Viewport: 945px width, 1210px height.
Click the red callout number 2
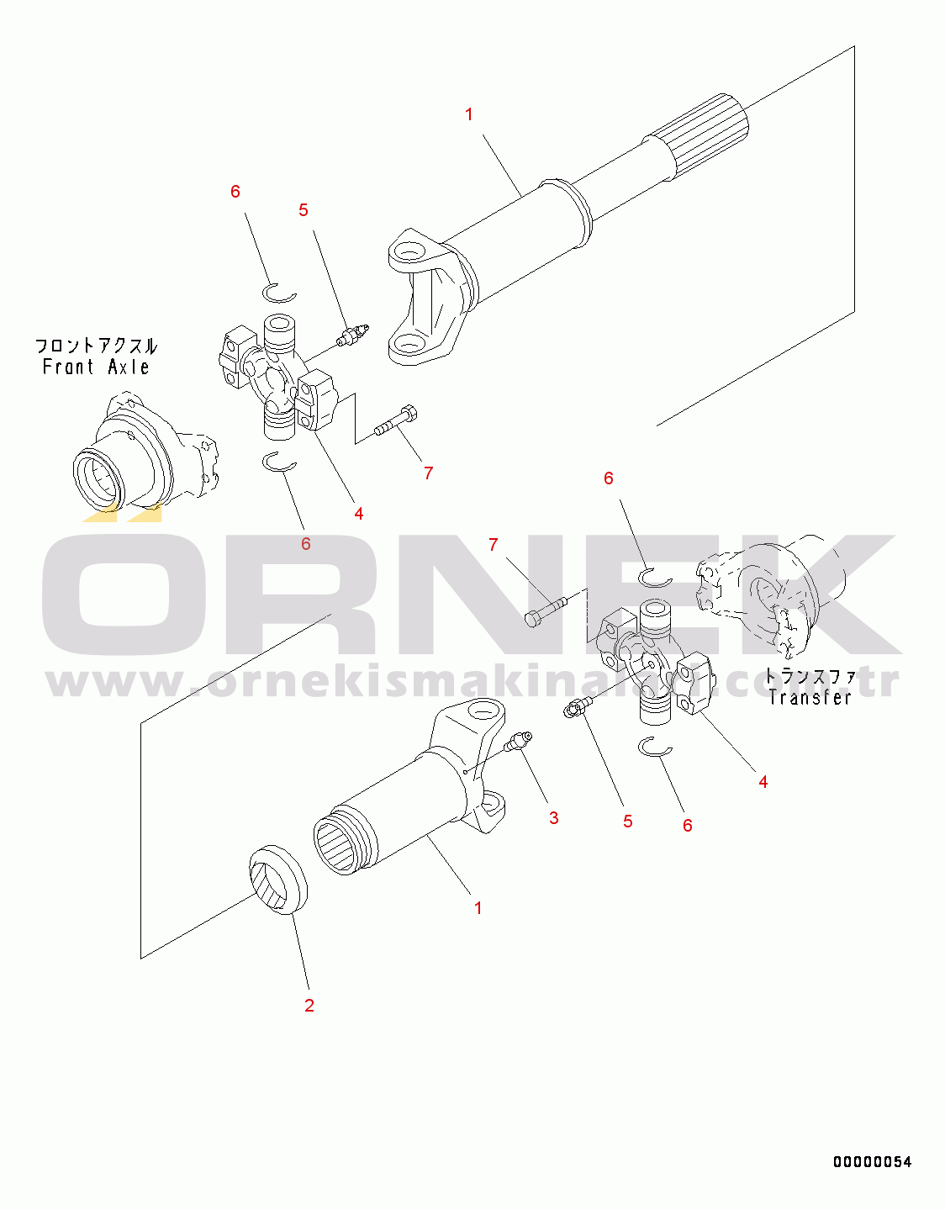[x=309, y=1005]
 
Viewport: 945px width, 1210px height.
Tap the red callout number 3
[x=553, y=817]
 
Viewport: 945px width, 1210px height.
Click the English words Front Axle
[x=96, y=367]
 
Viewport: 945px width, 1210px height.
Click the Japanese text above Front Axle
[x=97, y=346]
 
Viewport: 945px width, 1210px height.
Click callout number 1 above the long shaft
[x=468, y=114]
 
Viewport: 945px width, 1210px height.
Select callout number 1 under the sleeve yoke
[x=478, y=907]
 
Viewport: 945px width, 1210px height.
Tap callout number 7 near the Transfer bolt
[x=493, y=545]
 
